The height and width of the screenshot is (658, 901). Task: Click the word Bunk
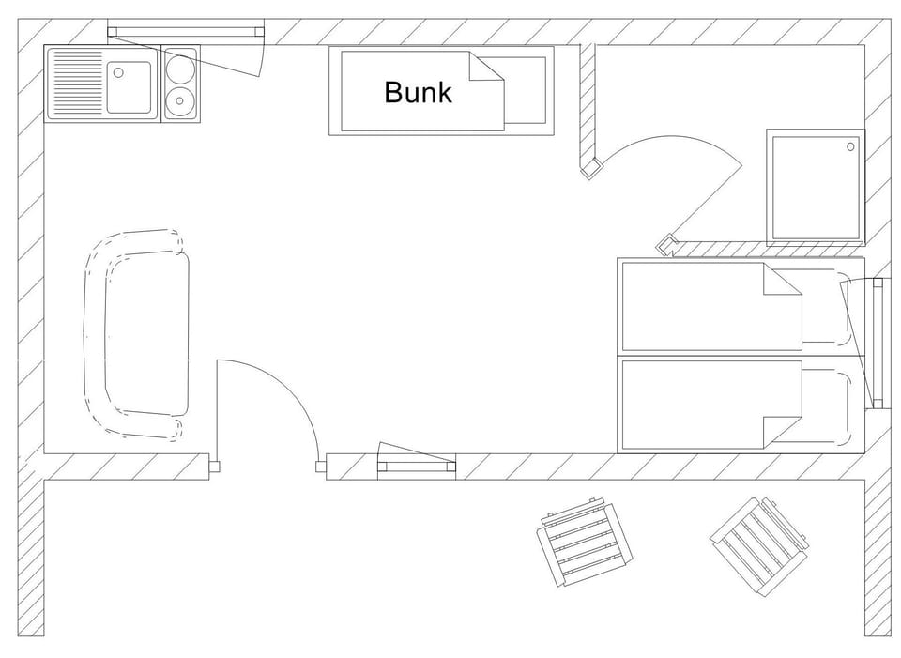tap(418, 92)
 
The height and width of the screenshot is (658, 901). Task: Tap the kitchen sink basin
tap(129, 85)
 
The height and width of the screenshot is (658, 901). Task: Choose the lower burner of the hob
tap(180, 100)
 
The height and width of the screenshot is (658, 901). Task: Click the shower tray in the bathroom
tap(815, 186)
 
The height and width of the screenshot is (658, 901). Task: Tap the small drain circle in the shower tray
tap(850, 146)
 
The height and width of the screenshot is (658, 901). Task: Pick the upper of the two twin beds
tap(713, 304)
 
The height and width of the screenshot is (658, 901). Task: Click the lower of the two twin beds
tap(713, 404)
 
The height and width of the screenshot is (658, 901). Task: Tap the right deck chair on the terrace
tap(758, 545)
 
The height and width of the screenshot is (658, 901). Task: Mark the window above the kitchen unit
tap(185, 32)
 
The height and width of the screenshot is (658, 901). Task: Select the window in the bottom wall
tap(417, 466)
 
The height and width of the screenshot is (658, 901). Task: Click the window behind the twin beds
tap(878, 344)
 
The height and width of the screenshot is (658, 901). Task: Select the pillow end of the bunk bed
tap(525, 92)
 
